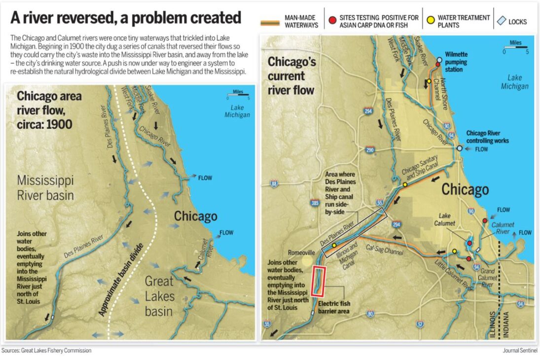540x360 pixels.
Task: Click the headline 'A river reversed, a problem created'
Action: (126, 18)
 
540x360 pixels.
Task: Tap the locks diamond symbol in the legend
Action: (501, 21)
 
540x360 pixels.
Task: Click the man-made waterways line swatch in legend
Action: (270, 21)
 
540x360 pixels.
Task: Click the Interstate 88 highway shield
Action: (274, 184)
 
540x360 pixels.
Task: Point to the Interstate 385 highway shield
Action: (315, 203)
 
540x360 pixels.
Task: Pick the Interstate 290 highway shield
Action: (370, 150)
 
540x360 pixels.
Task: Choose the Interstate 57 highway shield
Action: (420, 324)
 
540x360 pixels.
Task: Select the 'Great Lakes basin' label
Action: (159, 296)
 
